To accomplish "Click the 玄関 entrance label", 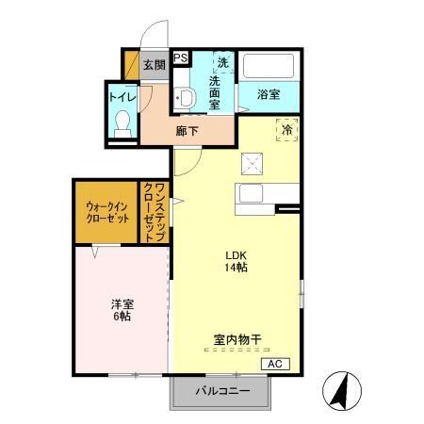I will pyautogui.click(x=155, y=65).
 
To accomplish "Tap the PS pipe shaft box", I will pyautogui.click(x=180, y=57).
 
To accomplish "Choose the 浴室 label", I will pyautogui.click(x=269, y=94).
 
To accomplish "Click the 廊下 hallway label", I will pyautogui.click(x=188, y=131).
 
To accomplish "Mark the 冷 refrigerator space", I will pyautogui.click(x=285, y=129).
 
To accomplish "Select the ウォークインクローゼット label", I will pyautogui.click(x=106, y=212).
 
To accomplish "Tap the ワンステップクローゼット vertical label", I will pyautogui.click(x=154, y=212).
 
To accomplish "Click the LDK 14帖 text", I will pyautogui.click(x=235, y=261).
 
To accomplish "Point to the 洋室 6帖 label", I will pyautogui.click(x=121, y=310).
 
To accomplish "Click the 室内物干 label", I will pyautogui.click(x=235, y=338).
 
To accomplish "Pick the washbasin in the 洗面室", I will pyautogui.click(x=186, y=98).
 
